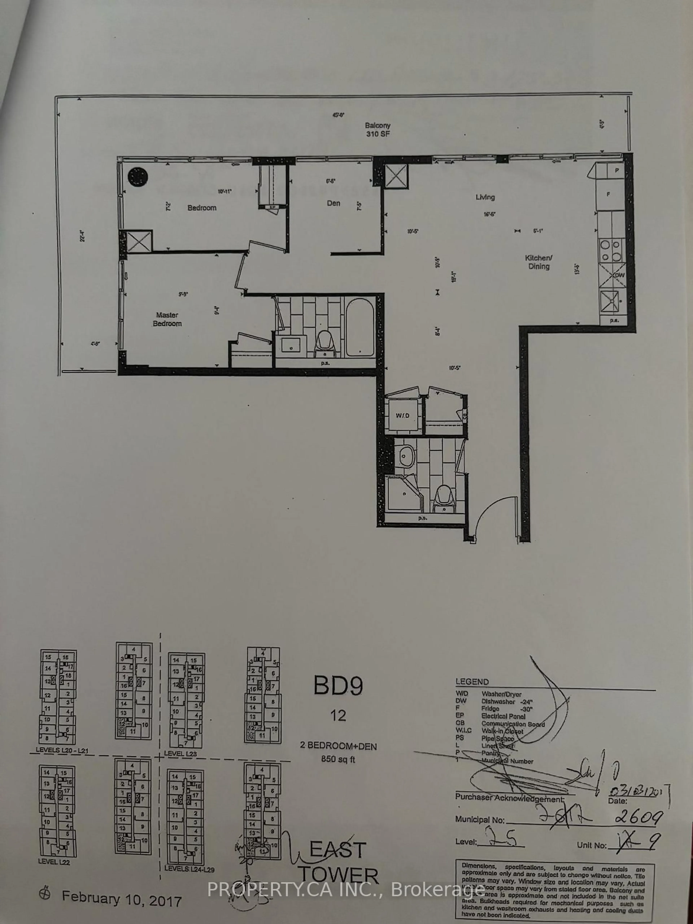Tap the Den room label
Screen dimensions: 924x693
point(333,203)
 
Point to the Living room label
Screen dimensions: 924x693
point(485,197)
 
